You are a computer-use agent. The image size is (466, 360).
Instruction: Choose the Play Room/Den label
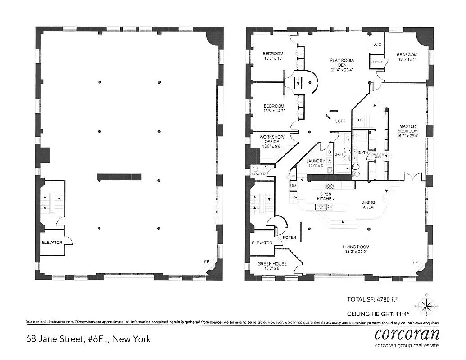click(x=343, y=65)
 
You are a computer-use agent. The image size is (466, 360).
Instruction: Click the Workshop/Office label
click(x=272, y=141)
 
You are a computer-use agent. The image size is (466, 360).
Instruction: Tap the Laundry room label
click(x=316, y=163)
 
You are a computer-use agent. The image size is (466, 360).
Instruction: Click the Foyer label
click(x=289, y=238)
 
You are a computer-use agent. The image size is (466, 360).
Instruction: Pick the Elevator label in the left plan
click(x=52, y=243)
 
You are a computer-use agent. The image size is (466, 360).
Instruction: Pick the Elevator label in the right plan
click(x=262, y=243)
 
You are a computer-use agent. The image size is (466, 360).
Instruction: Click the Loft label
click(x=340, y=121)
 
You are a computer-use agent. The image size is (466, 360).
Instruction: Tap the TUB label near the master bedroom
click(x=359, y=120)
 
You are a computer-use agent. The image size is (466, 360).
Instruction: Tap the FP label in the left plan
click(x=207, y=261)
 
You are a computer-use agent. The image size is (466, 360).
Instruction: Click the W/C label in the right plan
click(x=377, y=45)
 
